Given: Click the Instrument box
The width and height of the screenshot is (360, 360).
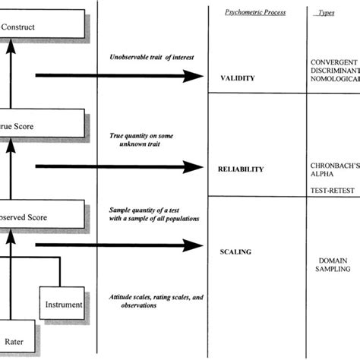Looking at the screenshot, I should [62, 304].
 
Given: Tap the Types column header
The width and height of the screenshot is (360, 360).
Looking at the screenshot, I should [327, 13].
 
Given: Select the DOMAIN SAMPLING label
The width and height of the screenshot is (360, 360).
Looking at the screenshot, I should [334, 263].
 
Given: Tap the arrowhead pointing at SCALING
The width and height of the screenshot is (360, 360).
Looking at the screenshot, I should [197, 245].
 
